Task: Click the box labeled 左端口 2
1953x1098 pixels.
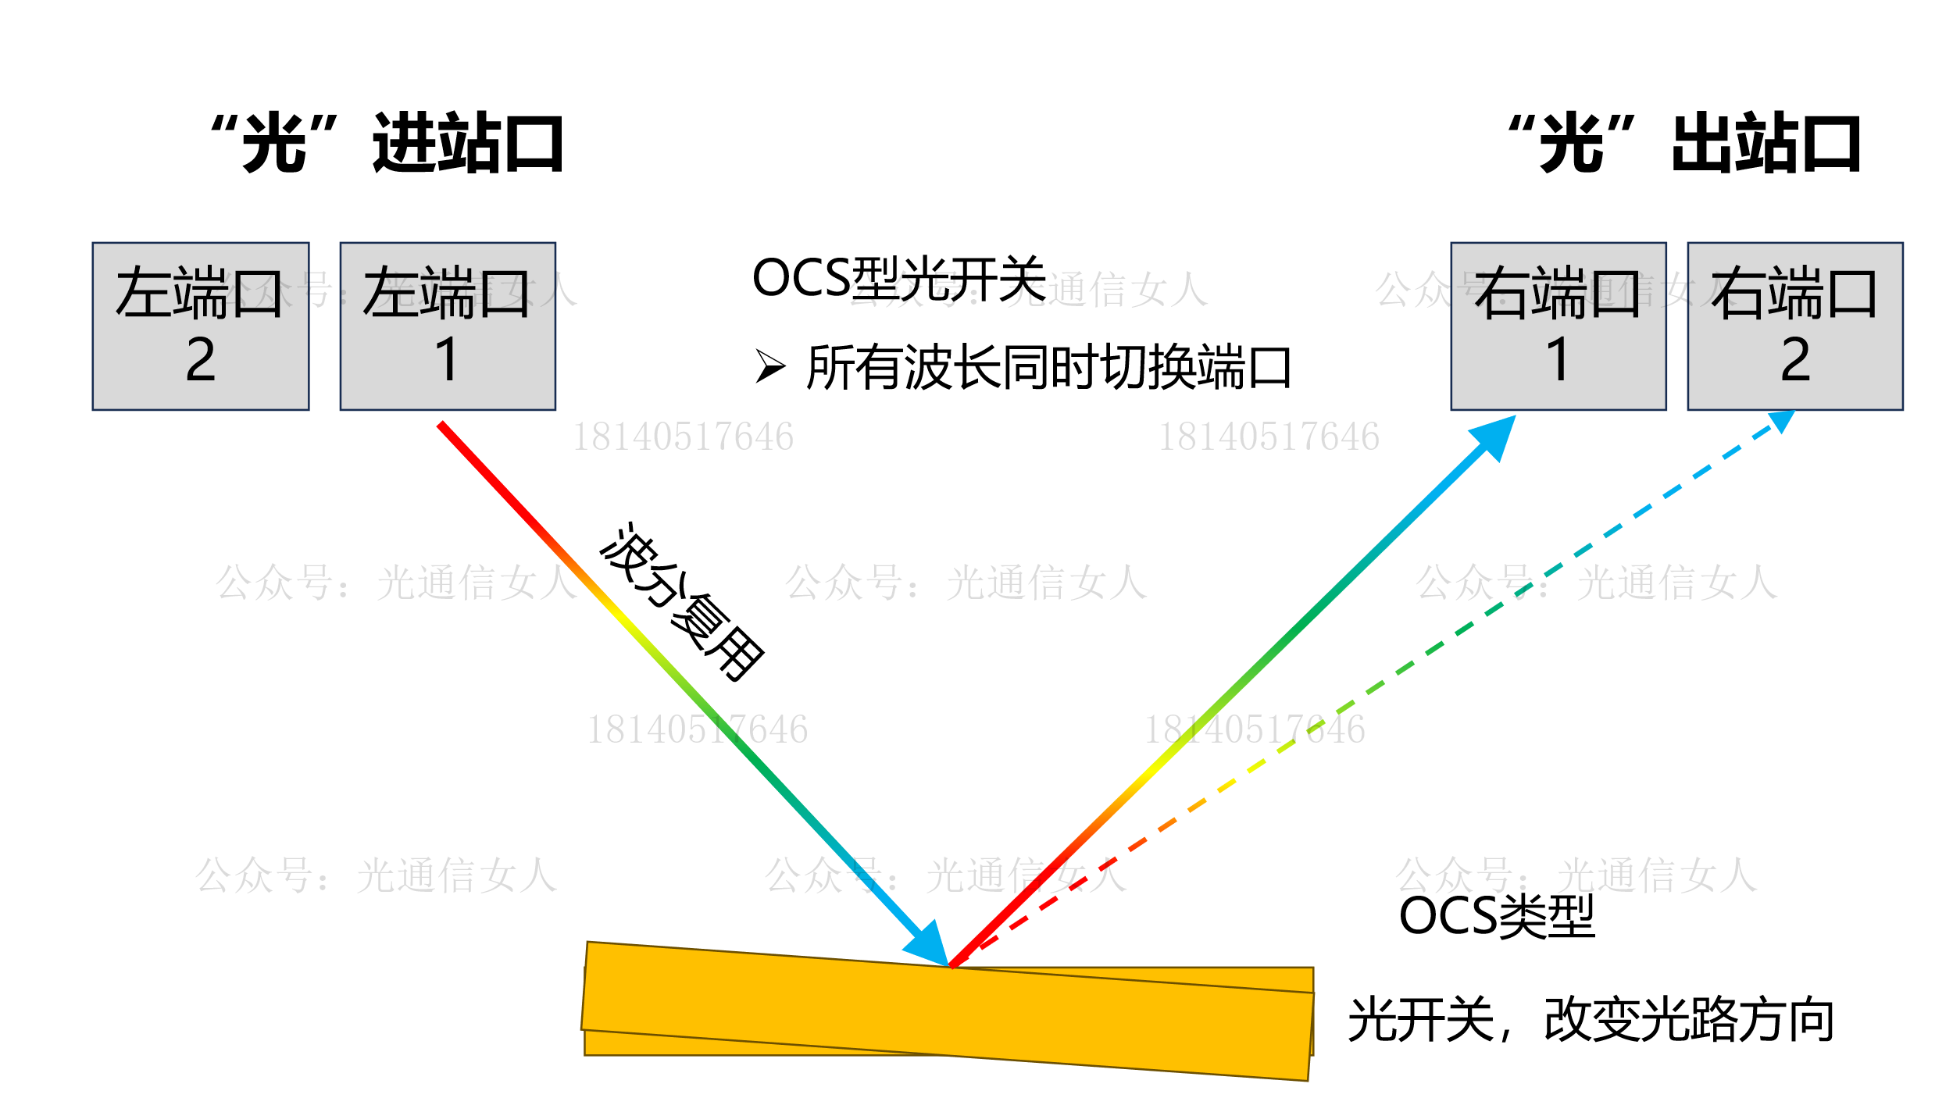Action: point(200,326)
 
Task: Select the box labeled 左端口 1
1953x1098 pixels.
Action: point(448,326)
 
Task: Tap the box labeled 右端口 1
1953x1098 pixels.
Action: point(1558,326)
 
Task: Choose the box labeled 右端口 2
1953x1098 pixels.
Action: point(1795,326)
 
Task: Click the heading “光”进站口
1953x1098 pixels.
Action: point(388,143)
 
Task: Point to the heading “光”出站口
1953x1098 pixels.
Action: point(1684,143)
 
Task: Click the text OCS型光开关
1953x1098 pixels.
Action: point(898,279)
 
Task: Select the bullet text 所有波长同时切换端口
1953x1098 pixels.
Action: point(1048,367)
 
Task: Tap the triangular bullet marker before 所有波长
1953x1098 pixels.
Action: point(769,366)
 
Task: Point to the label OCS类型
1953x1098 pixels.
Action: point(1496,916)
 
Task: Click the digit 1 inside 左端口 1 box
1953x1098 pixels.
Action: point(447,360)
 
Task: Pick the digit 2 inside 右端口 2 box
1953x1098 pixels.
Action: point(1795,360)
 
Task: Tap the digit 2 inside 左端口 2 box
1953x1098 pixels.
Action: point(200,360)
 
